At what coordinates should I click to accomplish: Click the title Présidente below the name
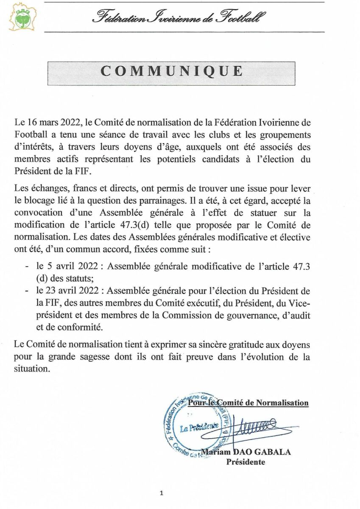[246, 462]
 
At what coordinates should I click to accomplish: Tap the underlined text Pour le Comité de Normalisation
[248, 403]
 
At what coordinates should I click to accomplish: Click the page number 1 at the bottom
[162, 493]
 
